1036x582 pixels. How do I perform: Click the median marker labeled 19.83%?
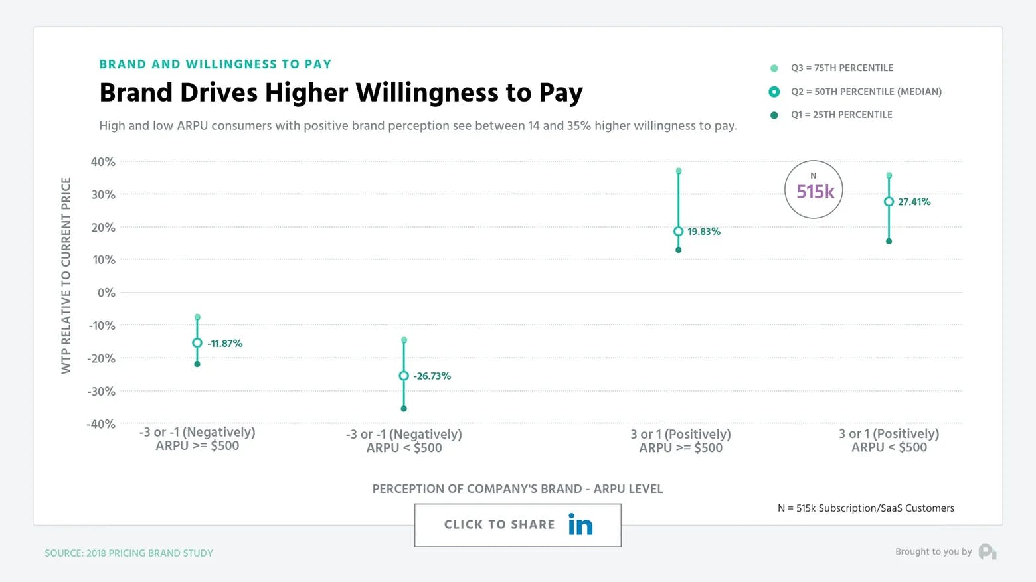[678, 232]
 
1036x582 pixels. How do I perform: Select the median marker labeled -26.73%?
[404, 376]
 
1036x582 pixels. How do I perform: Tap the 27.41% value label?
[914, 202]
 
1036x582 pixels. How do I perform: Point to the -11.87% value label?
[224, 344]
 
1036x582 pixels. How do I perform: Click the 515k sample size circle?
[814, 190]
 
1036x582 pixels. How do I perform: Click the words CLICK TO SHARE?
[499, 524]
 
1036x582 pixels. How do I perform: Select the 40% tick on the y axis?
[103, 162]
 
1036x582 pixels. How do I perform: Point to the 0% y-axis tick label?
[106, 293]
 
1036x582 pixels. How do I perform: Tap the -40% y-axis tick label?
[101, 424]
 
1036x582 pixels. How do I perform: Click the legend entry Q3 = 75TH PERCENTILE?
[841, 68]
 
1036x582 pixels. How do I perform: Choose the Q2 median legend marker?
[774, 92]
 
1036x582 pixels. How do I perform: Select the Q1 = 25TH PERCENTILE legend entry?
[841, 115]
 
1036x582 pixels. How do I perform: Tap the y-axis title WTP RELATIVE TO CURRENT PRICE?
[66, 275]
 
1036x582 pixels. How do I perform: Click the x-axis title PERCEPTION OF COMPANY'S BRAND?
[517, 489]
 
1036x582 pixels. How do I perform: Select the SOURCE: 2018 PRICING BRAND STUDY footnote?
[129, 553]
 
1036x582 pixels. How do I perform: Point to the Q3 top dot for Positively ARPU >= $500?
[678, 171]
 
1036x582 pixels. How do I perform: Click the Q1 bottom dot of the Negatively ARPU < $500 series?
[404, 409]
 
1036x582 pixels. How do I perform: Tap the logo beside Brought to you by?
[988, 551]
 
